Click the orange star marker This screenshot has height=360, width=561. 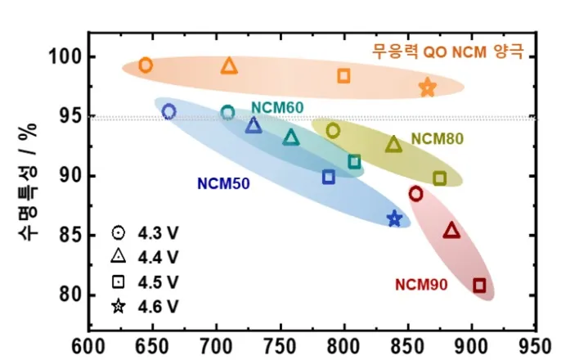(428, 88)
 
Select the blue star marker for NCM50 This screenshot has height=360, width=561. (395, 218)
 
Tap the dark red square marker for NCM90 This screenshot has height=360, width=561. (479, 285)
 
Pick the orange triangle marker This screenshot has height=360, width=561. (229, 65)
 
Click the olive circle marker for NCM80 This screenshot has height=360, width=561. (333, 130)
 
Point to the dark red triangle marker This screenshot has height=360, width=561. (451, 231)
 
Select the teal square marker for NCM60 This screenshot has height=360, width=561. (354, 161)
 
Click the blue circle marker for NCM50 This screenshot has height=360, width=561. (169, 111)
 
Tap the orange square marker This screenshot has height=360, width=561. (343, 76)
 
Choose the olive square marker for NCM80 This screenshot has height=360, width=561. (439, 178)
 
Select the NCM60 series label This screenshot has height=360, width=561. (277, 107)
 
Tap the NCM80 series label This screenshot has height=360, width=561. (437, 138)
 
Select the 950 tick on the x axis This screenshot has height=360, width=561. (536, 344)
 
